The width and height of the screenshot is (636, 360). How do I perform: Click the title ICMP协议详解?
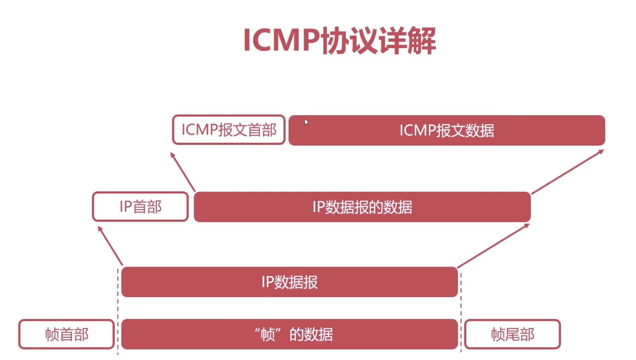click(x=339, y=40)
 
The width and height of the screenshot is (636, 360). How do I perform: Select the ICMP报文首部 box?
click(x=229, y=130)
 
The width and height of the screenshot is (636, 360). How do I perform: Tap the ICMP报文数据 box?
click(x=447, y=131)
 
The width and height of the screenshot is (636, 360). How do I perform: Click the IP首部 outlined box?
click(x=140, y=207)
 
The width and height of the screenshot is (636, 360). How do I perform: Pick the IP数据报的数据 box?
click(x=362, y=207)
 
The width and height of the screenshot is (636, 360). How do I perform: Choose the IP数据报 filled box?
click(x=289, y=282)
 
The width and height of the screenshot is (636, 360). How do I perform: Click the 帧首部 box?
click(x=67, y=334)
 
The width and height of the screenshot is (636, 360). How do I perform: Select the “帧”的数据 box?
click(x=289, y=334)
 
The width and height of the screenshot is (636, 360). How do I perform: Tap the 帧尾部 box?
click(x=512, y=334)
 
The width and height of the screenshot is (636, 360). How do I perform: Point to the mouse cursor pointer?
click(x=306, y=122)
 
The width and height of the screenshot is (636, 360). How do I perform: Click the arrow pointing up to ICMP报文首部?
click(x=183, y=172)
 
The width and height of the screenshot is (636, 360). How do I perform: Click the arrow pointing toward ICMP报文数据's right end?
click(x=568, y=172)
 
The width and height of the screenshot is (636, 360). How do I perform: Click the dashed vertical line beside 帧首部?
click(x=118, y=311)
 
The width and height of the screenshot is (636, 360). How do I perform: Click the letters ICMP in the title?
click(x=281, y=40)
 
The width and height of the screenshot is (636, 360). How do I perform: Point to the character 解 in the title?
click(x=421, y=41)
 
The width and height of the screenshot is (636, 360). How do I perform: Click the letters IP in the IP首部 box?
click(x=126, y=207)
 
